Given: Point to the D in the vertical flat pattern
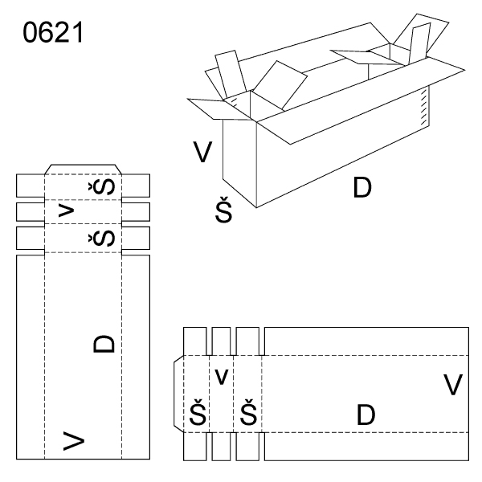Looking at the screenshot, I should coord(104,343).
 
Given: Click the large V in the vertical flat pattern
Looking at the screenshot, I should coord(74,439).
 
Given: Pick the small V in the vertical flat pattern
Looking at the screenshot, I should coord(67,211).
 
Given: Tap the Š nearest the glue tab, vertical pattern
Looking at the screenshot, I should coord(105,186).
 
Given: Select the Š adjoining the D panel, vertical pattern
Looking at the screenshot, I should coord(105,238).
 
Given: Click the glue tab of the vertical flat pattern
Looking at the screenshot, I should coord(82,169).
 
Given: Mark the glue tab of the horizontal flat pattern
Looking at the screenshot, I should coord(179,394).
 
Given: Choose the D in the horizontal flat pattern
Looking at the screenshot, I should coord(366,415).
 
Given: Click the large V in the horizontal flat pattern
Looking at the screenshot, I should coord(453,385).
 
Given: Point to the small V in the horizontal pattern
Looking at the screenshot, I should coord(222,376).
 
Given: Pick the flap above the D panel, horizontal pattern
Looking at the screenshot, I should coord(366,341).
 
